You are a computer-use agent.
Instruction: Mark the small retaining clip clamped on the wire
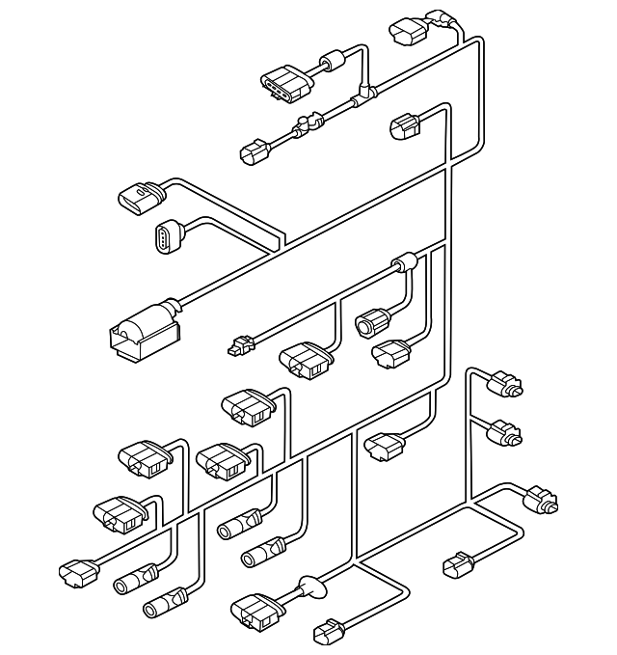(308, 124)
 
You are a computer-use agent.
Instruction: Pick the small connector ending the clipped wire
(255, 150)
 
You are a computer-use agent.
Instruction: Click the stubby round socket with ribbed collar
(371, 323)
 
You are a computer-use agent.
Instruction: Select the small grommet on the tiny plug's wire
(402, 263)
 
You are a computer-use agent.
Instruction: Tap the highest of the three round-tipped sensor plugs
(505, 384)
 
